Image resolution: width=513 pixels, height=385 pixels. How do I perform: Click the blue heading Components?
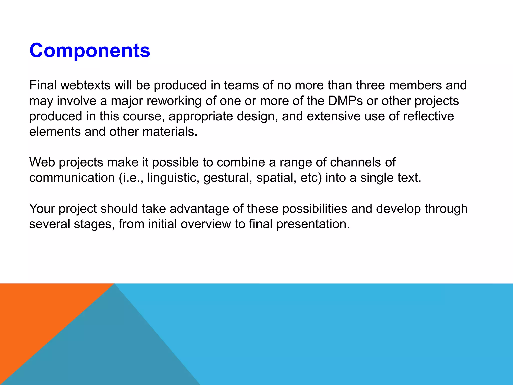[89, 50]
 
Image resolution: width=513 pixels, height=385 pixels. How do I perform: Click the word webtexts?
[85, 85]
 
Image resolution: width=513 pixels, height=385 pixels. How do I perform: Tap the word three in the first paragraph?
[370, 85]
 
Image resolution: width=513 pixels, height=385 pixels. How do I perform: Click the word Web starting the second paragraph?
[42, 162]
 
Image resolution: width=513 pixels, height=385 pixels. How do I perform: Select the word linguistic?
[173, 178]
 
